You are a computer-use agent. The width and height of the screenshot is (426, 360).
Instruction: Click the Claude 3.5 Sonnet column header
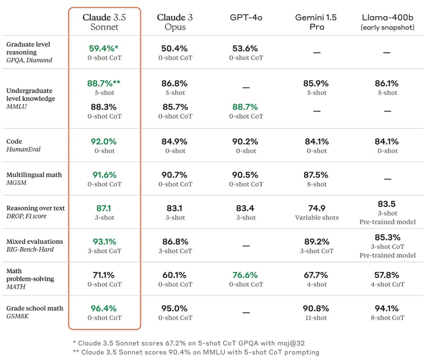[104, 22]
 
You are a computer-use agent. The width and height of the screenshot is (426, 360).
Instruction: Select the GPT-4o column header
[246, 17]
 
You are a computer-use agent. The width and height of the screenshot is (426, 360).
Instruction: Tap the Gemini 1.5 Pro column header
[316, 22]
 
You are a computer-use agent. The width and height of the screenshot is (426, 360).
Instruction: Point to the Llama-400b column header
[387, 22]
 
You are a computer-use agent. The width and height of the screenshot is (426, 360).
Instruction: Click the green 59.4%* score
[103, 48]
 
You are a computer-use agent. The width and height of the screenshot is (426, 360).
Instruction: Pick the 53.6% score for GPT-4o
[245, 48]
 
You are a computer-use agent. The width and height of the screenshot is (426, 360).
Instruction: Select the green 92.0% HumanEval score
[103, 142]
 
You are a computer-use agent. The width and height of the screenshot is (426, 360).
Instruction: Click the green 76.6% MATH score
[245, 275]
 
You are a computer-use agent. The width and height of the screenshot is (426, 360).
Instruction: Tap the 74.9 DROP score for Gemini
[316, 208]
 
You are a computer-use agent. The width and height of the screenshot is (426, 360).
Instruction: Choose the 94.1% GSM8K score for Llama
[387, 308]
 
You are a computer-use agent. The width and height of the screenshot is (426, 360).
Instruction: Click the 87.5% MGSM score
[316, 175]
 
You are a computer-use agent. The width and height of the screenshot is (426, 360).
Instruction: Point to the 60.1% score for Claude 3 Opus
[174, 275]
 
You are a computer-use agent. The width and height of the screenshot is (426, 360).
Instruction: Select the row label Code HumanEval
[23, 145]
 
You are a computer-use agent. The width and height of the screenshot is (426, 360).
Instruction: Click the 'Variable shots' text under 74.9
[317, 217]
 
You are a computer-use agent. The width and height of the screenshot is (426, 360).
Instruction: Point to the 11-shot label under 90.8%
[316, 318]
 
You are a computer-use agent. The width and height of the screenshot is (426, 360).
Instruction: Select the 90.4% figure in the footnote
[178, 352]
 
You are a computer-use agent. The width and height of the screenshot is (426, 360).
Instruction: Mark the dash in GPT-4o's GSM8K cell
[246, 312]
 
